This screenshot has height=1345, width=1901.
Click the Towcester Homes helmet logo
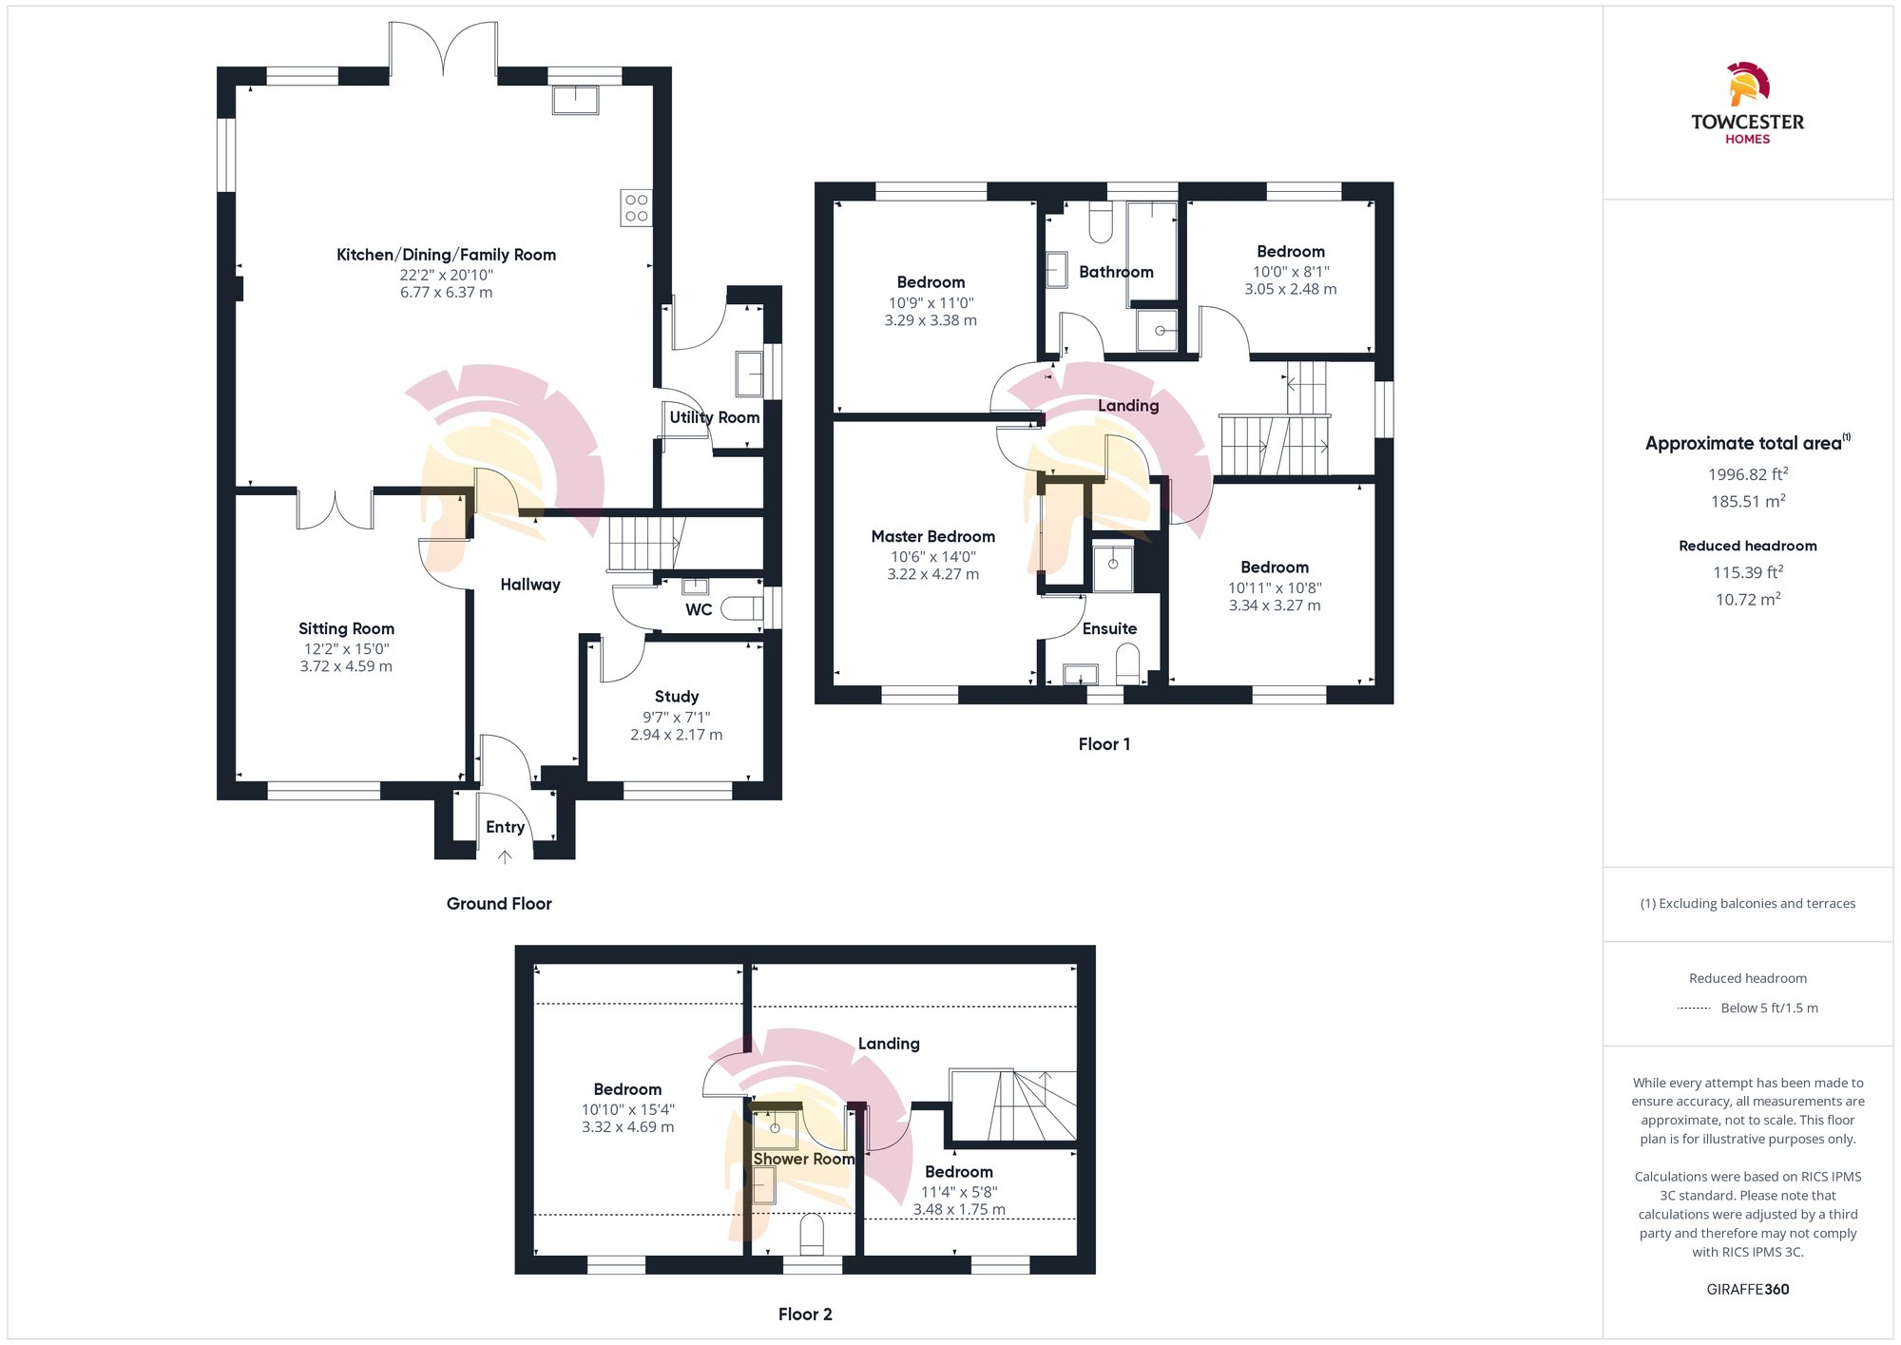tap(1747, 85)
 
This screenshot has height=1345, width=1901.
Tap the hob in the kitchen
tap(637, 208)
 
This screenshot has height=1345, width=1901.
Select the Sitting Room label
tap(346, 628)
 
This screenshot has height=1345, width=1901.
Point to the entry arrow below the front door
tap(505, 856)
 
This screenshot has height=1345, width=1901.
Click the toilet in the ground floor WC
tap(742, 608)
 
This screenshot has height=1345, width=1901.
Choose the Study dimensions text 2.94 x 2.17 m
tap(676, 735)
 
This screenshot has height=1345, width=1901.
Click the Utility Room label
tap(714, 417)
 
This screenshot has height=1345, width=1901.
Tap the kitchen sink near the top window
tap(576, 100)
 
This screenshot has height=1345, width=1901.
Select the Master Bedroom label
tap(932, 536)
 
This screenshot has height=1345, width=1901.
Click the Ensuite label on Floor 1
tap(1109, 628)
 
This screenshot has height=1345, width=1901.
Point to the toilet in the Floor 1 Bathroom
tap(1100, 221)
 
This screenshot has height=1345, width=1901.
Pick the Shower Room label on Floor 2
tap(803, 1159)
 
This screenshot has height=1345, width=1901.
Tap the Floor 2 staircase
tap(1014, 1105)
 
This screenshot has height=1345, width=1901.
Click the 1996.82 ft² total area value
tap(1747, 474)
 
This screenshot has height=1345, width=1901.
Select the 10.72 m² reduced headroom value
tap(1747, 600)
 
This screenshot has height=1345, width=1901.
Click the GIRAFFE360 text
tap(1747, 1290)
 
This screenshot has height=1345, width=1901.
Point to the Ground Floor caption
tap(499, 904)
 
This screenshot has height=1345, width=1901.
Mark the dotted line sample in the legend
tap(1694, 1009)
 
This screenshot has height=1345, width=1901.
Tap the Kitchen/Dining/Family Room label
tap(446, 255)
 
